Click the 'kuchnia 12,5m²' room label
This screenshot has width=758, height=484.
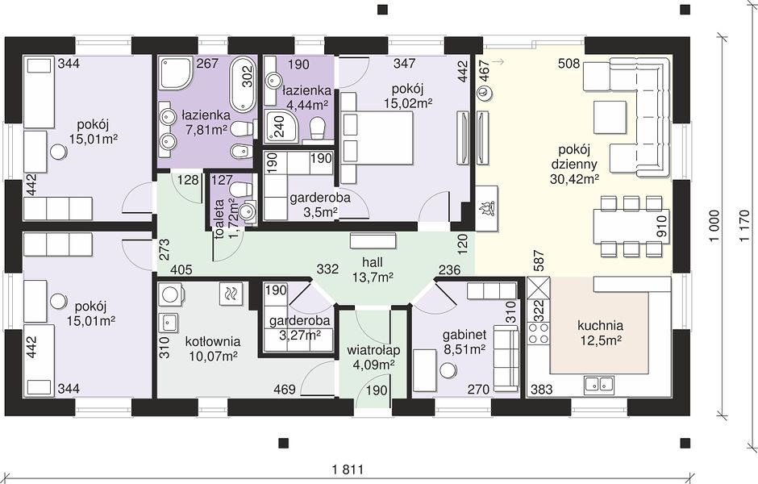600,332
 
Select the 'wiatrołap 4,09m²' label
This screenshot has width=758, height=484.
373,357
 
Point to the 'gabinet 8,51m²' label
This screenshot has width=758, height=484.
464,342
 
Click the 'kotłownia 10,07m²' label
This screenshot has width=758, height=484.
213,348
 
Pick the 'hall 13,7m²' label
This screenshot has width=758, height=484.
373,269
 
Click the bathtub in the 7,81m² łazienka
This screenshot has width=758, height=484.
242,85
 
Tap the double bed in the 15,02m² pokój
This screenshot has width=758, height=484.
377,138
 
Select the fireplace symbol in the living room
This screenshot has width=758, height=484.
485,208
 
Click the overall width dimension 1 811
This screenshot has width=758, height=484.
347,469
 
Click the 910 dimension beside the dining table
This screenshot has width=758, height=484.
661,227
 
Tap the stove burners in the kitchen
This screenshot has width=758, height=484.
538,332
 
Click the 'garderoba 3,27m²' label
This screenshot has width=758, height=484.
300,328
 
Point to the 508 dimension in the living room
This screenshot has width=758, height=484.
569,64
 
